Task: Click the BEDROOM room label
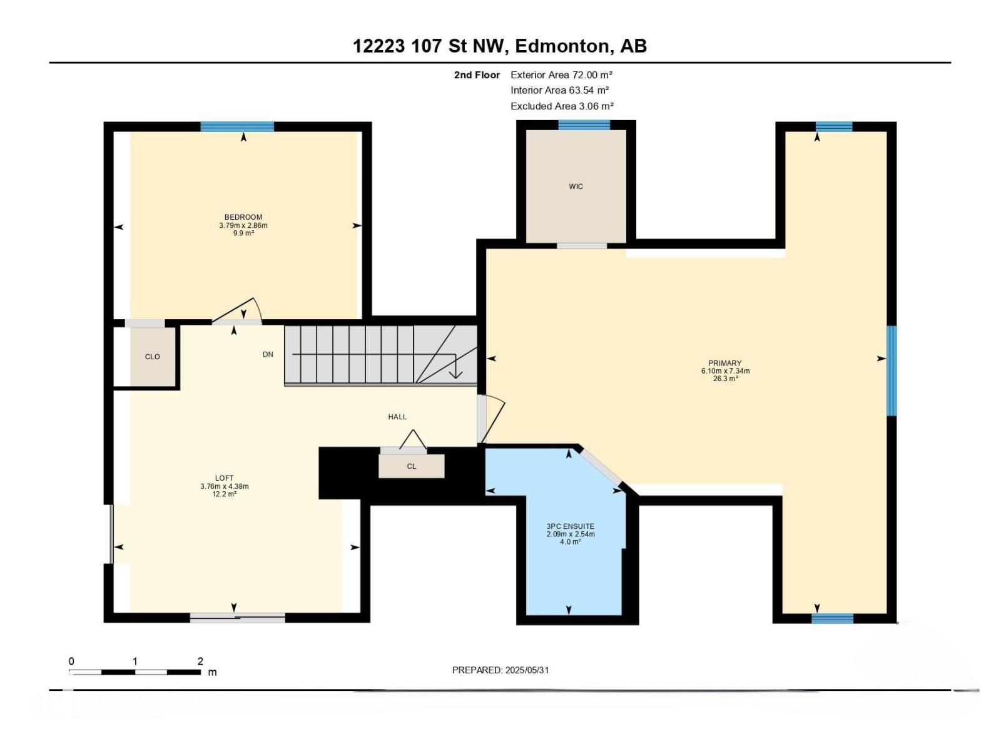243,217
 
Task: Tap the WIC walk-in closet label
576,186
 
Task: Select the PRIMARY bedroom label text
724,363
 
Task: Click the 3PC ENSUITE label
570,526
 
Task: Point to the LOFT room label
224,478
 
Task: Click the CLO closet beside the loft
153,357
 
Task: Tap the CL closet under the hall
411,466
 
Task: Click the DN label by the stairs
268,354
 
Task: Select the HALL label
397,417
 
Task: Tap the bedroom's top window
237,126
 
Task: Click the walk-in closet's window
584,125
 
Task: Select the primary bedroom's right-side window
892,370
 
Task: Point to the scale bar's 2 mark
200,662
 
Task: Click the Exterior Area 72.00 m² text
561,74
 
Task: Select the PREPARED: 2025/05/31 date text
500,670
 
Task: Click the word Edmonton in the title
562,46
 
